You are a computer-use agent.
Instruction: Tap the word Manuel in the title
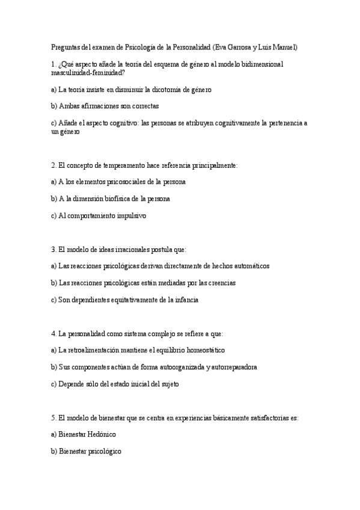283,48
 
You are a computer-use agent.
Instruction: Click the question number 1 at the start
53,64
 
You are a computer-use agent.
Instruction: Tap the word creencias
221,283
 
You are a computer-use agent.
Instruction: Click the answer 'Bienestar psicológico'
87,450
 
